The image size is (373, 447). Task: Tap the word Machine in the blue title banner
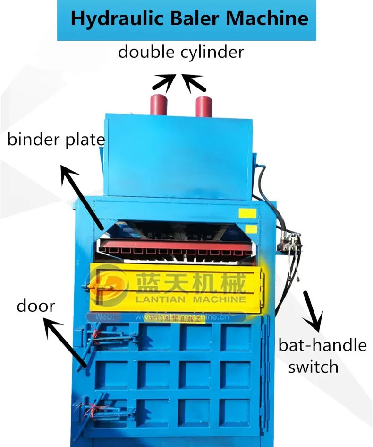[267, 19]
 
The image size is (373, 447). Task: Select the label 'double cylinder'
[181, 52]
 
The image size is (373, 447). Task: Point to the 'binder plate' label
[56, 140]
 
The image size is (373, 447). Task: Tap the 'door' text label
[36, 306]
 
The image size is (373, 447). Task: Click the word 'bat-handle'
[322, 345]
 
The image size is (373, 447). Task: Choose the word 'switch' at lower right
[313, 367]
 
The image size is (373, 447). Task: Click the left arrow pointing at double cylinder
[162, 82]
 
